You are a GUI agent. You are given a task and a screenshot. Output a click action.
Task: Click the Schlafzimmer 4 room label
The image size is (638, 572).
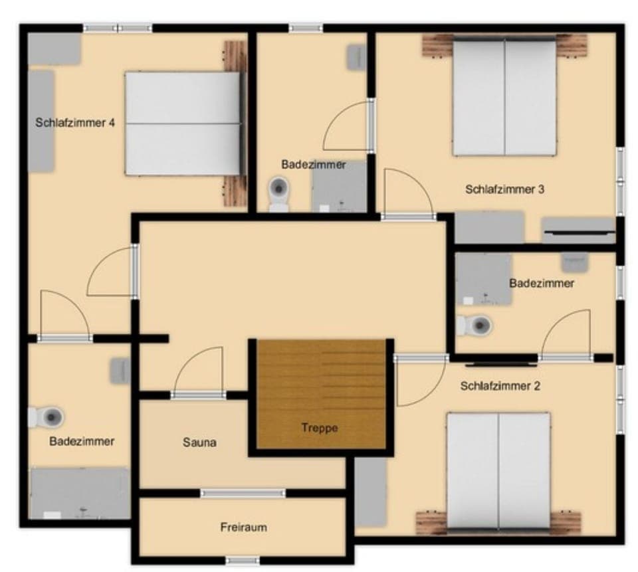pyautogui.click(x=76, y=123)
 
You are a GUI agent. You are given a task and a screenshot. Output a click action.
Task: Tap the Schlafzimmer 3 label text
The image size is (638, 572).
pyautogui.click(x=505, y=189)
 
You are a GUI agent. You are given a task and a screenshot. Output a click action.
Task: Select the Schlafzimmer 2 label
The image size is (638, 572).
pyautogui.click(x=500, y=385)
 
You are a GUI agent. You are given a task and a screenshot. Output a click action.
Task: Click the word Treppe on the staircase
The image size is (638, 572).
pyautogui.click(x=319, y=428)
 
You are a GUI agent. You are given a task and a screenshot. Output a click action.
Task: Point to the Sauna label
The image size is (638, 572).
pyautogui.click(x=200, y=442)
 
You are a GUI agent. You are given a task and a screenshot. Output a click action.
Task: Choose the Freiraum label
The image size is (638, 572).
pyautogui.click(x=243, y=527)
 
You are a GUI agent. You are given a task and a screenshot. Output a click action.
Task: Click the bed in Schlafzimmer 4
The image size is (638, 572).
pyautogui.click(x=183, y=124)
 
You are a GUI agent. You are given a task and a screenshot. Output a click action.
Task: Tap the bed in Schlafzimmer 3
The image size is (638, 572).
pyautogui.click(x=504, y=97)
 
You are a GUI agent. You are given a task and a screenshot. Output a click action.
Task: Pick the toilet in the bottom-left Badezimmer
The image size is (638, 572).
pyautogui.click(x=48, y=418)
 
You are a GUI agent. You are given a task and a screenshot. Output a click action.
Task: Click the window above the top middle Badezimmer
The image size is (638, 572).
pyautogui.click(x=306, y=29)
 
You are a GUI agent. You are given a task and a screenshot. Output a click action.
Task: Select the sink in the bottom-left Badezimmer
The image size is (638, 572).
pyautogui.click(x=120, y=370)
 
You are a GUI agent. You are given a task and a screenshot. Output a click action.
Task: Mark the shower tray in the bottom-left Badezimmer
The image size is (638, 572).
pyautogui.click(x=80, y=493)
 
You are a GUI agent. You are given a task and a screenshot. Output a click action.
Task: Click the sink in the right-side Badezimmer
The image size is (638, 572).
pyautogui.click(x=574, y=262)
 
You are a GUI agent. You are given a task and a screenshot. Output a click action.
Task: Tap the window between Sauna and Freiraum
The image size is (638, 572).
pyautogui.click(x=243, y=493)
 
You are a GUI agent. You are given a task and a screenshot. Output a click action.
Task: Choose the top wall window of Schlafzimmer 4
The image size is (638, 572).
pyautogui.click(x=118, y=29)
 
